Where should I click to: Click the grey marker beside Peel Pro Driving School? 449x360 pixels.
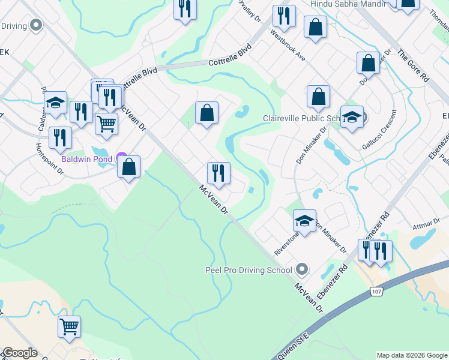point(302,269)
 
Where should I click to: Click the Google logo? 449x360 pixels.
point(19,353)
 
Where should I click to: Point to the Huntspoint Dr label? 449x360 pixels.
point(49,158)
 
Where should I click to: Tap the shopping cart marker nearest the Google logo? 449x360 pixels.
point(69,326)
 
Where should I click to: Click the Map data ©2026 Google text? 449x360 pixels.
point(412,355)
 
